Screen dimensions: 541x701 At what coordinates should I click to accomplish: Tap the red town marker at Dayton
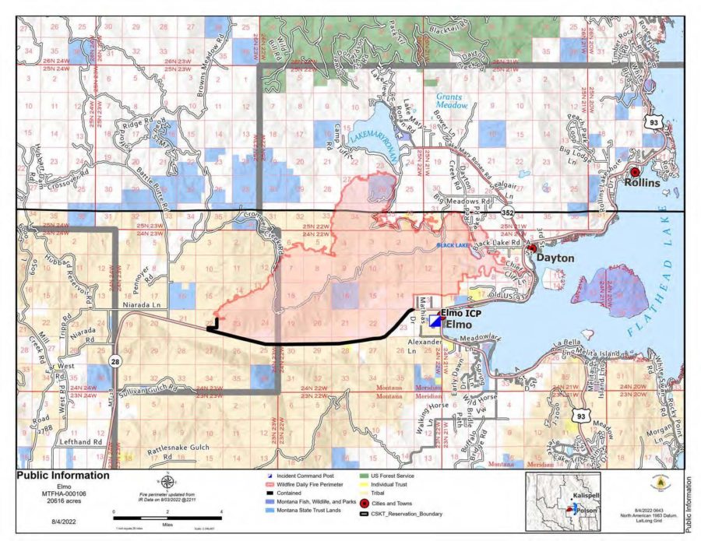pos(532,248)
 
